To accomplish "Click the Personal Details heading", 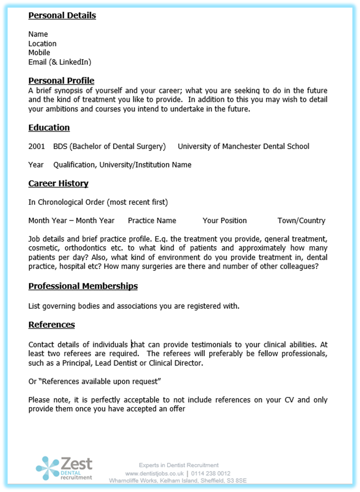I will [62, 16].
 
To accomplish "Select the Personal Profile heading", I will [61, 81].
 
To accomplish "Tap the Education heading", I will [49, 128].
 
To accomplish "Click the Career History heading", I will [58, 183].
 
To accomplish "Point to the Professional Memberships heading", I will [83, 286].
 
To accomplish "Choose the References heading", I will [52, 324].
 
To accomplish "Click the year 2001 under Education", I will [36, 146].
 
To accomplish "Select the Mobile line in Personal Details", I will [39, 53].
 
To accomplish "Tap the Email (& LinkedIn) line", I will [60, 62].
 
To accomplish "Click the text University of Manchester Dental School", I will [243, 146].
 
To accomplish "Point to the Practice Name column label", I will [152, 221].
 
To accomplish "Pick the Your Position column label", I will [224, 221].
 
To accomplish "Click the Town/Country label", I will [301, 221].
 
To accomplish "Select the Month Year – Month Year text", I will [71, 221].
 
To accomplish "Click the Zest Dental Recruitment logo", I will [65, 468].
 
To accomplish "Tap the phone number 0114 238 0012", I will [211, 474].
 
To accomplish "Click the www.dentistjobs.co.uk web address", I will [155, 474].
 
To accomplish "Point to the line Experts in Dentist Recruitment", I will [179, 465].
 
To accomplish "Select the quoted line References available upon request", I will [95, 381].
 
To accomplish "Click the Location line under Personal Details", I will [42, 44].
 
